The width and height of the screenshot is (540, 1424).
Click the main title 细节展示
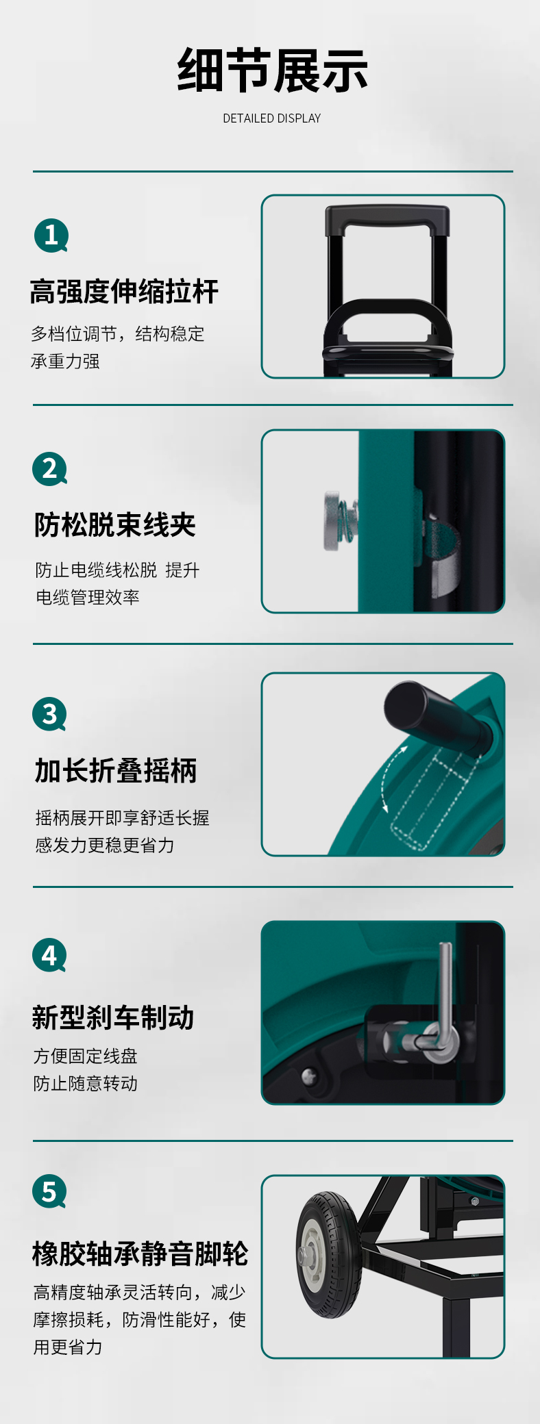272,70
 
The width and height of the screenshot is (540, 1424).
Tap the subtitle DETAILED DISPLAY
272,118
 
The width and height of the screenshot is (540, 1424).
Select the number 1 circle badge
51,236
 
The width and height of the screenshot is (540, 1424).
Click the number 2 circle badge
50,469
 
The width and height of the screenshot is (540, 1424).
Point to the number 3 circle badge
50,714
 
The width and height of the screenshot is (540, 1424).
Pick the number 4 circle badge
50,955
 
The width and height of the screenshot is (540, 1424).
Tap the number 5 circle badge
50,1191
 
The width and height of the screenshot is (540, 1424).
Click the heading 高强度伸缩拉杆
124,292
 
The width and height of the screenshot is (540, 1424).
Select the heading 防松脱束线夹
115,525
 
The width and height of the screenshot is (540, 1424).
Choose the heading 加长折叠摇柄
116,771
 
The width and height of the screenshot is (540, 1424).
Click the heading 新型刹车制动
113,1017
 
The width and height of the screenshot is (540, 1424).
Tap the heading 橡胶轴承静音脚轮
140,1254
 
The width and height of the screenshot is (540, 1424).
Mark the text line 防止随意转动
86,1083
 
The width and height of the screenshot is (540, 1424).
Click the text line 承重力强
65,361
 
